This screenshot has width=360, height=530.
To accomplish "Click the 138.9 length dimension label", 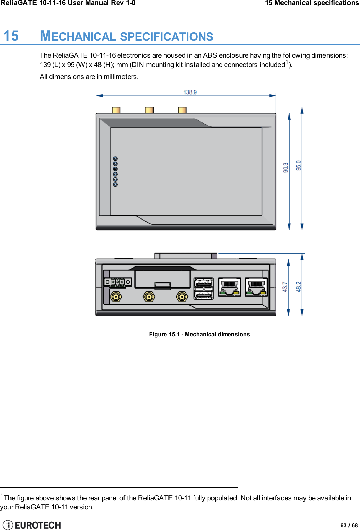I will tap(190, 92).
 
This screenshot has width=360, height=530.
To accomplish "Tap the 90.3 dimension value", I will tap(286, 168).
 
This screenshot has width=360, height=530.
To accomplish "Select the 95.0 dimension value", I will tap(298, 165).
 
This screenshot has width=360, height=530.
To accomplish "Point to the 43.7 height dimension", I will tap(285, 287).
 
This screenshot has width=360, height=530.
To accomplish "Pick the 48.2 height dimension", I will tap(298, 286).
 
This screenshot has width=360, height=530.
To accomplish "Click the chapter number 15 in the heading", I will tap(11, 36).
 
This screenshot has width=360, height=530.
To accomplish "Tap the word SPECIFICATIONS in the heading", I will tap(166, 37).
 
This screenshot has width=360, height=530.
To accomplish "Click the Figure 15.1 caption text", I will tap(199, 334).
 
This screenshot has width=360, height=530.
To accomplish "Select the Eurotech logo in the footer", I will tap(32, 525).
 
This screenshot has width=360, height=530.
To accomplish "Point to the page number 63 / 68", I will tap(349, 525).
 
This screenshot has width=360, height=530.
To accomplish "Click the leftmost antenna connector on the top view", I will tap(116, 110).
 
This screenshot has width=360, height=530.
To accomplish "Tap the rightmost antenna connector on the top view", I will tap(182, 110).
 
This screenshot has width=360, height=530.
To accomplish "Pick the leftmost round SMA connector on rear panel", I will tap(116, 297).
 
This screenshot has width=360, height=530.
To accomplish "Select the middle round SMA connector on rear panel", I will tap(149, 297).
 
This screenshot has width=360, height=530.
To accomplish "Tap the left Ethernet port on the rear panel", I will tap(229, 287).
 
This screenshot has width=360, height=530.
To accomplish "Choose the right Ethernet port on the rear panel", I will tap(256, 287).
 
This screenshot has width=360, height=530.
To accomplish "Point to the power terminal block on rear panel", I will tap(117, 282).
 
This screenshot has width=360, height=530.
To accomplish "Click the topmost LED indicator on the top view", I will tap(115, 159).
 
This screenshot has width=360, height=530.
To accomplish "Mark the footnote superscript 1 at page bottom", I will tap(2, 496).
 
